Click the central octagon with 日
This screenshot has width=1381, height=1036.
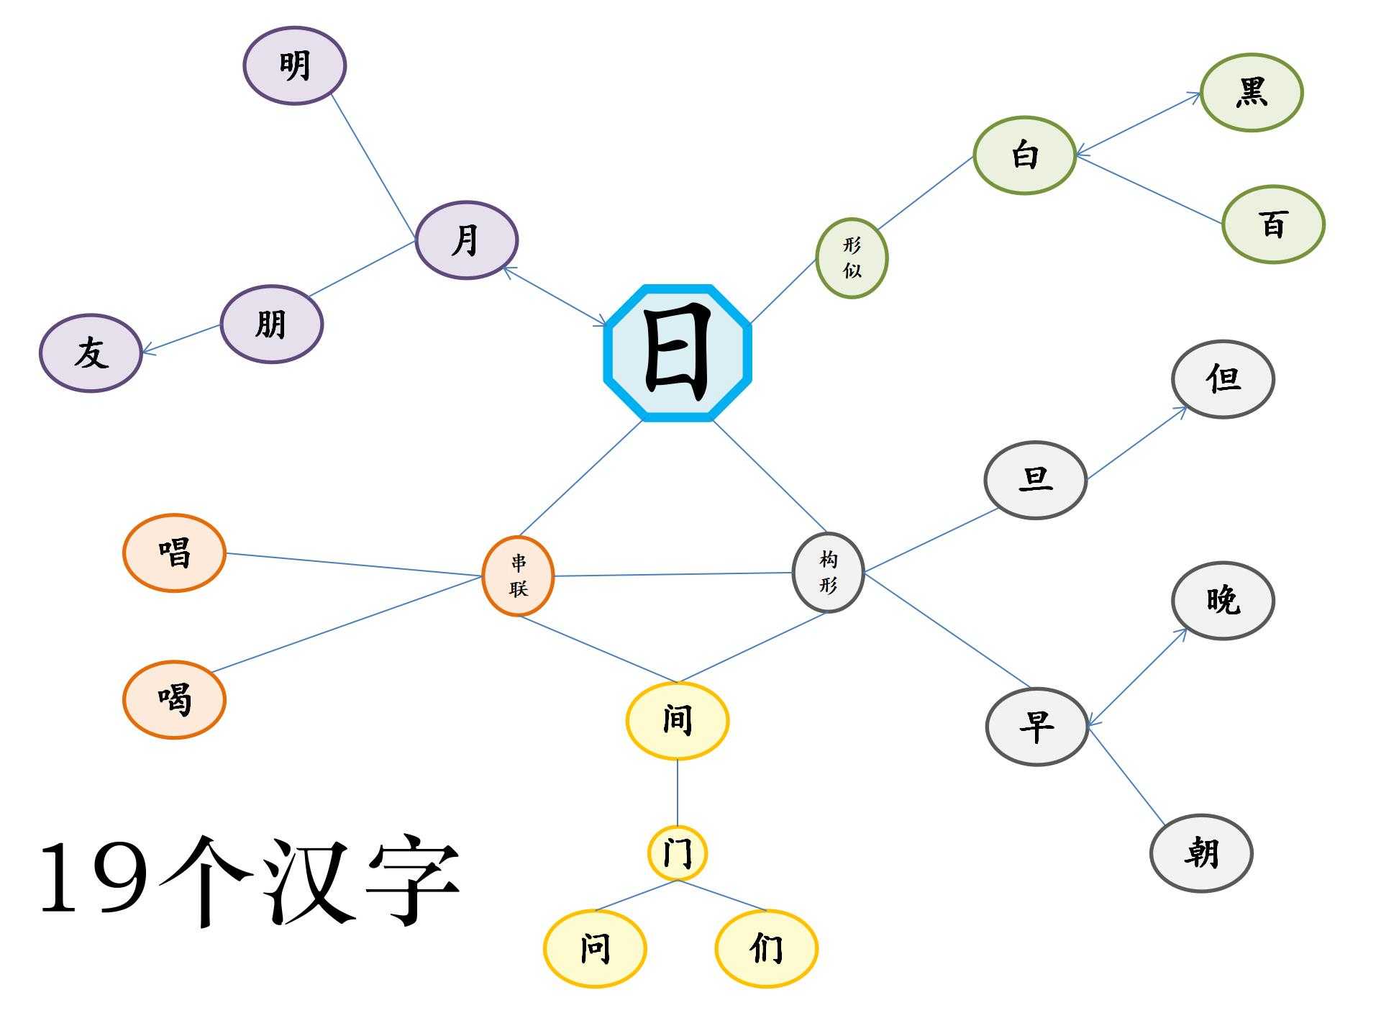(x=678, y=353)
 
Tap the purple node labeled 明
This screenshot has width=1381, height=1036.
(x=295, y=66)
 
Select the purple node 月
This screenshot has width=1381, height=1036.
(x=467, y=240)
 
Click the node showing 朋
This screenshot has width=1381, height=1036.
(x=272, y=324)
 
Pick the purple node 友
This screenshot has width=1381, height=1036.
(x=91, y=353)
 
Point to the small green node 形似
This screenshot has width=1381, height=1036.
(x=852, y=258)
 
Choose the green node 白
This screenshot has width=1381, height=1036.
(x=1024, y=155)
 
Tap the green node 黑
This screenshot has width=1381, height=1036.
(x=1252, y=93)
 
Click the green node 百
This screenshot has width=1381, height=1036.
(x=1273, y=224)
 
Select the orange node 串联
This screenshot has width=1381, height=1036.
(x=518, y=576)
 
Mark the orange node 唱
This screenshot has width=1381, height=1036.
(x=175, y=553)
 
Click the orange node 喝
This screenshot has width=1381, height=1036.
(x=175, y=699)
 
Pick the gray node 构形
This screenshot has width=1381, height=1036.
(x=828, y=573)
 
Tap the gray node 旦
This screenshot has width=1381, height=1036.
(x=1035, y=480)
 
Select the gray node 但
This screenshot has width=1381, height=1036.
(x=1223, y=379)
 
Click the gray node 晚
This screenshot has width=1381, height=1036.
(x=1223, y=601)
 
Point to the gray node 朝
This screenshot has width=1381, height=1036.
(x=1201, y=853)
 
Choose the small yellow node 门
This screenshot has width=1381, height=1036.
(x=678, y=853)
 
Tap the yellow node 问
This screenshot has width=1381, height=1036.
(x=595, y=949)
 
